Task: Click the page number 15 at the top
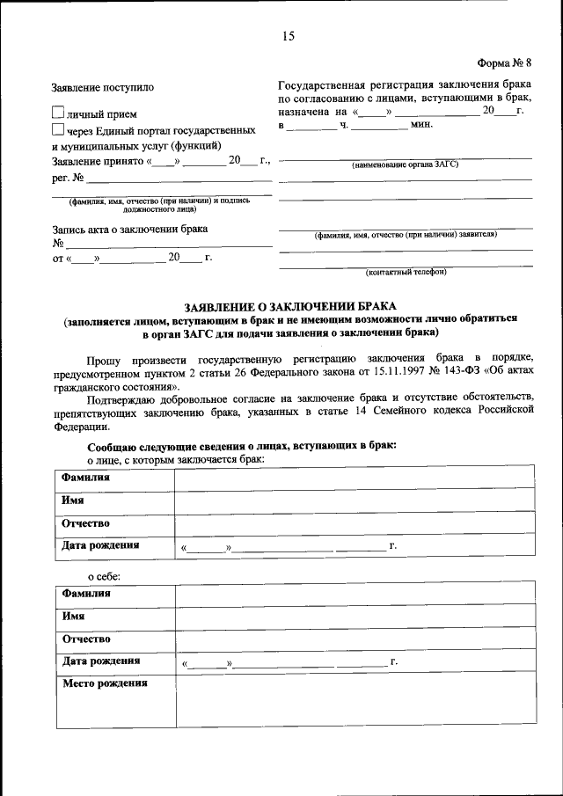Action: click(288, 36)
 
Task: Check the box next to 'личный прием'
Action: click(59, 113)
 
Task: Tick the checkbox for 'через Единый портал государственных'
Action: click(59, 129)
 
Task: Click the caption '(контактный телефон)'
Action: click(406, 272)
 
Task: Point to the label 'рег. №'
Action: click(68, 178)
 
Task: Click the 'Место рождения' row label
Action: click(104, 683)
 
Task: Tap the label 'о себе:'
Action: click(103, 576)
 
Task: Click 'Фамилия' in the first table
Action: click(86, 478)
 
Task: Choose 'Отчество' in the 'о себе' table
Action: click(85, 639)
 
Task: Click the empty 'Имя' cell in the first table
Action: click(355, 500)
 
